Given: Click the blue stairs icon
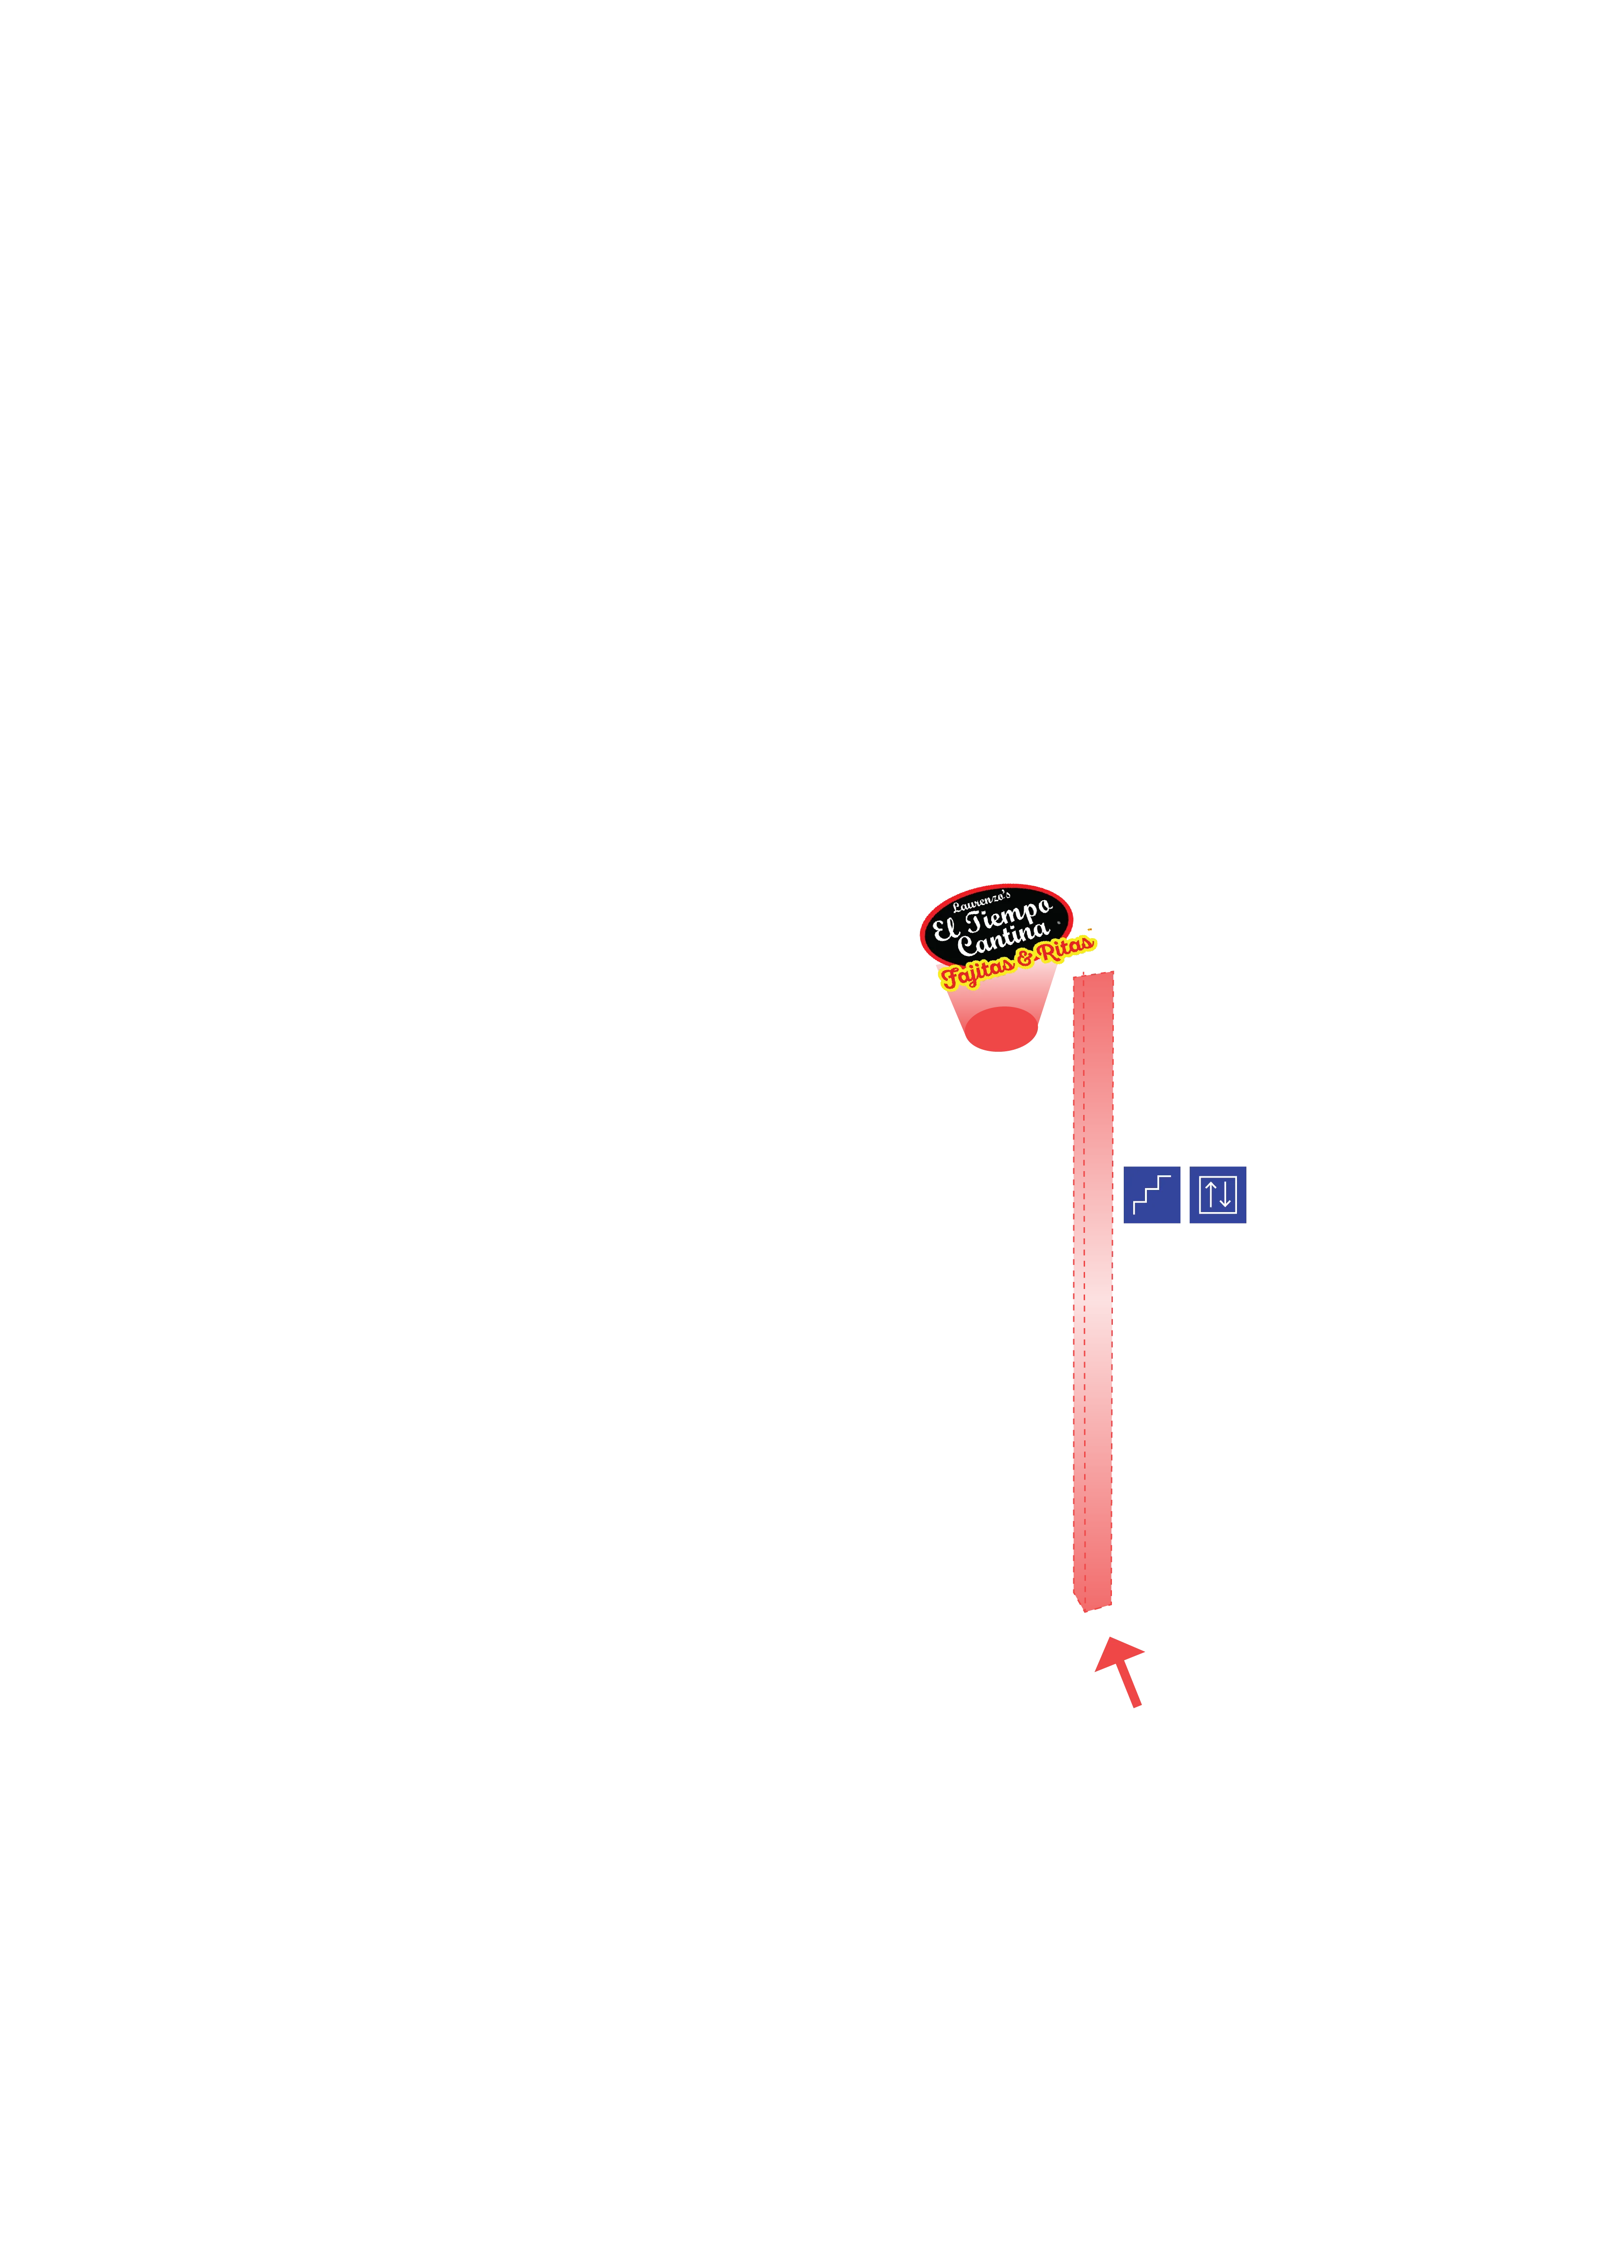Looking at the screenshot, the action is [1151, 1196].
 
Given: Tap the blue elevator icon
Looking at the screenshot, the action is [1218, 1196].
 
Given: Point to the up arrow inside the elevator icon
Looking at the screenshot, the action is [1210, 1195].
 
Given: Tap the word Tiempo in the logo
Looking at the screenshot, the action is [1007, 916].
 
